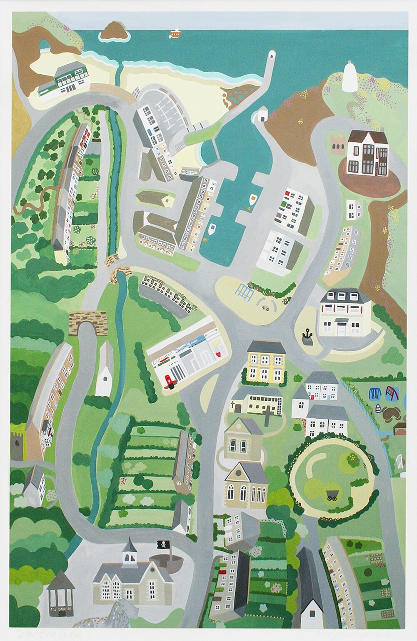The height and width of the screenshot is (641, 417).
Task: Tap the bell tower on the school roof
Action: (x=128, y=550)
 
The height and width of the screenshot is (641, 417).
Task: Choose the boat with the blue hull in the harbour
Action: (x=212, y=229)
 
